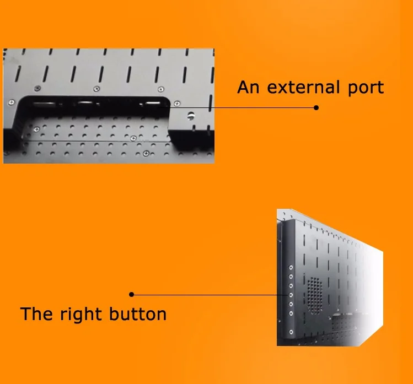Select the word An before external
(x=247, y=87)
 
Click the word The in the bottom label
(x=37, y=314)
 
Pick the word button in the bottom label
(x=138, y=314)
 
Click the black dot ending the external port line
(x=316, y=107)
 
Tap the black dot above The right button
(x=131, y=295)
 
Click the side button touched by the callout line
(x=291, y=295)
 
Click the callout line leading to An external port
(x=243, y=107)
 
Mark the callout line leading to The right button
(x=210, y=295)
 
